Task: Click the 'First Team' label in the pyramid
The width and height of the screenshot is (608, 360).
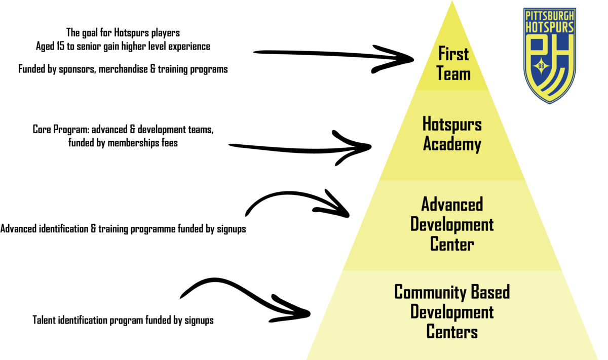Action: pyautogui.click(x=453, y=63)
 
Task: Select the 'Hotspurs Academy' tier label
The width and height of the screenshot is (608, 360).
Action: pyautogui.click(x=452, y=134)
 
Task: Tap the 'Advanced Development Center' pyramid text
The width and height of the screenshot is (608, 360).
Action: pyautogui.click(x=452, y=224)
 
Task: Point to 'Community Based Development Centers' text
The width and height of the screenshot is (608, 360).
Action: pyautogui.click(x=452, y=311)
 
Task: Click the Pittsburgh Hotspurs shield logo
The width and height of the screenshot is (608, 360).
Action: pyautogui.click(x=550, y=56)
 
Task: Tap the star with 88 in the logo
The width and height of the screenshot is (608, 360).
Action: pyautogui.click(x=541, y=66)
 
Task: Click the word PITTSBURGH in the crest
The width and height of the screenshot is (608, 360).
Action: pyautogui.click(x=550, y=16)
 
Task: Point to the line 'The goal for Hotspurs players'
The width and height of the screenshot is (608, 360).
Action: pyautogui.click(x=123, y=33)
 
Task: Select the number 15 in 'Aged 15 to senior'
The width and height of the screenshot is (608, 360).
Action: pyautogui.click(x=60, y=46)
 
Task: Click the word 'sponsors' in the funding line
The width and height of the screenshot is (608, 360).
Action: pyautogui.click(x=77, y=69)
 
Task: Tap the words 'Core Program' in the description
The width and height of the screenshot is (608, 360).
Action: pyautogui.click(x=61, y=130)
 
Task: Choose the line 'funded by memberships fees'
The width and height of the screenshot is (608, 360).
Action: pyautogui.click(x=123, y=143)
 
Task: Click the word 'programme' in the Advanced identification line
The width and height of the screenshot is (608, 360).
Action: pyautogui.click(x=153, y=229)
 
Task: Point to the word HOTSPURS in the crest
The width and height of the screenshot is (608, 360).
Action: pyautogui.click(x=550, y=27)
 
